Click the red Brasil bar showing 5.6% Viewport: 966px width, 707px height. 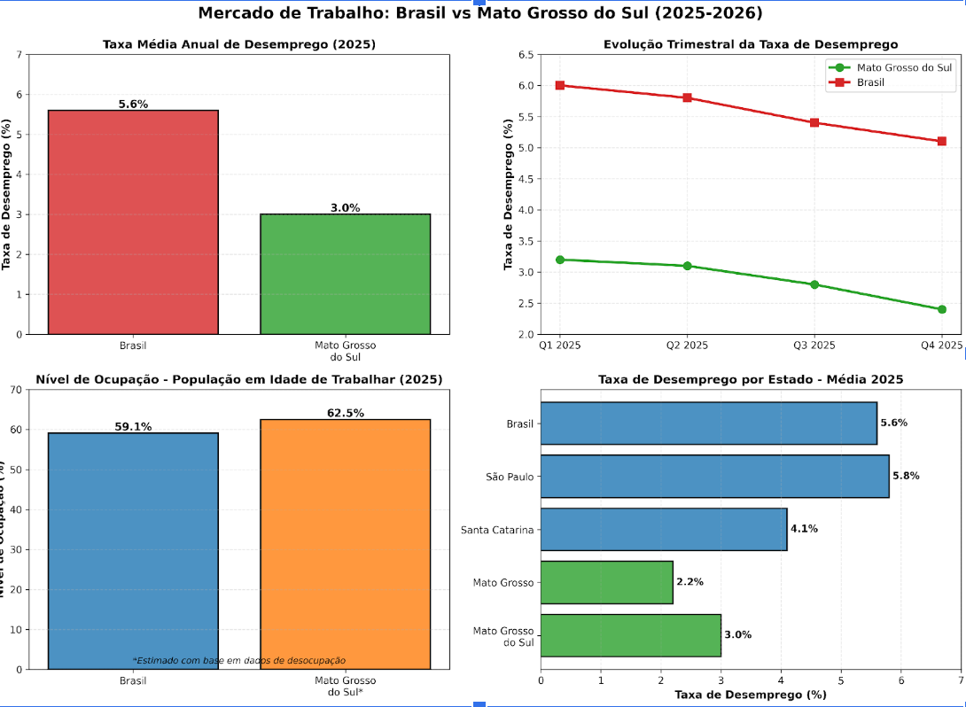click(x=133, y=221)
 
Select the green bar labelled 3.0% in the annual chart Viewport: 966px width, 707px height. click(x=345, y=274)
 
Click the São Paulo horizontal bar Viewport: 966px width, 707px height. click(x=714, y=476)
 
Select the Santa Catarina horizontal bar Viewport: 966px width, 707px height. click(x=663, y=529)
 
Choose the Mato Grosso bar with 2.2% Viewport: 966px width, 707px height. click(x=606, y=582)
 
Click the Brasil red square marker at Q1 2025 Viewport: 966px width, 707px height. click(x=559, y=85)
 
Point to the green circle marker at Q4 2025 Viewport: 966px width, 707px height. click(x=941, y=309)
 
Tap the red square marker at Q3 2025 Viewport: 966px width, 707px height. click(x=814, y=122)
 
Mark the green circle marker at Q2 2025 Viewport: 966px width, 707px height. click(x=687, y=266)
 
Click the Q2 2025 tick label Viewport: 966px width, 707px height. click(x=687, y=346)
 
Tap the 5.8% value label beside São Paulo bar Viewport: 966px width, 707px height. click(x=905, y=476)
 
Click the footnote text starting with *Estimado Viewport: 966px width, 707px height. click(x=238, y=660)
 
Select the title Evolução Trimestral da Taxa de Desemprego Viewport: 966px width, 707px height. click(x=750, y=44)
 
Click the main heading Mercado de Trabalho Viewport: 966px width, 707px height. click(x=479, y=13)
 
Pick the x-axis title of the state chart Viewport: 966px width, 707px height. click(x=750, y=695)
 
